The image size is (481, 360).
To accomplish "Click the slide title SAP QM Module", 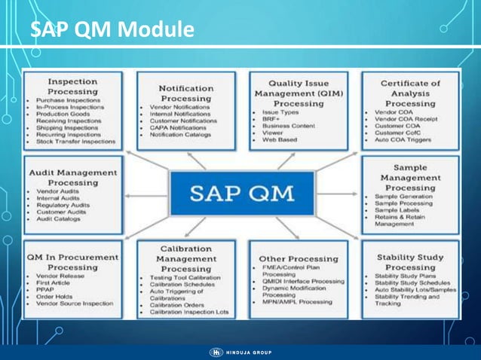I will [x=112, y=30].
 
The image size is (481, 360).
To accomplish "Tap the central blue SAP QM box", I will [x=241, y=194].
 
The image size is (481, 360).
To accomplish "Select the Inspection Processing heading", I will [x=72, y=86].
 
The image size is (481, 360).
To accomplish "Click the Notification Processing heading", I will [x=185, y=93].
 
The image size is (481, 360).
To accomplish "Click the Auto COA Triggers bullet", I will [x=403, y=140].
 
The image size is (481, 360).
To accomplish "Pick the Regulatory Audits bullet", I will [x=64, y=205].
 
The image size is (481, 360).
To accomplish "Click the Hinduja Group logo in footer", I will [x=240, y=352].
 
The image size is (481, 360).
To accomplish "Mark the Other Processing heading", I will [x=299, y=258].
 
